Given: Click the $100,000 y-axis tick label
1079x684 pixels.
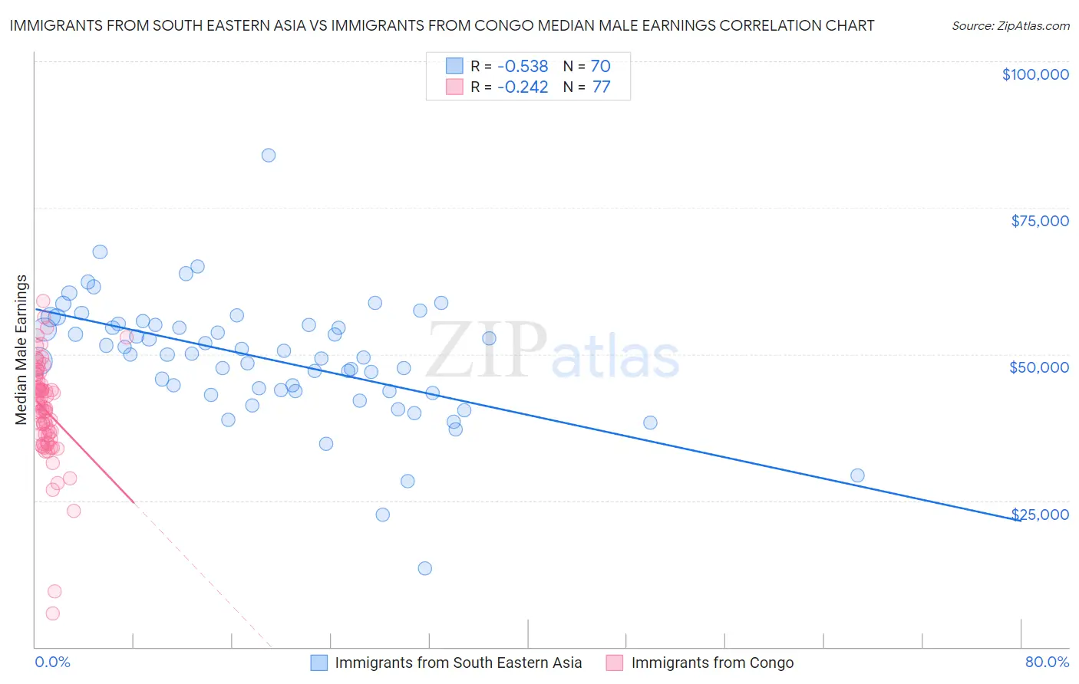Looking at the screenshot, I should (1035, 74).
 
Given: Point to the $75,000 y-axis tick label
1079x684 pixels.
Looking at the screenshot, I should (1039, 221).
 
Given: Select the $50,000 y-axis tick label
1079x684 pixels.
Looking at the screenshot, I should (1038, 367).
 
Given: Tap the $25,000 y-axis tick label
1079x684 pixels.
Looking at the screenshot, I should (1039, 515).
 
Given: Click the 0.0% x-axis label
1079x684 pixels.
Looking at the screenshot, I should (52, 662).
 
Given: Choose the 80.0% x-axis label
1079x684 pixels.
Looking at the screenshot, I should (1047, 662).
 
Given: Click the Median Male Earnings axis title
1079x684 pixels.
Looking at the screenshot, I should (21, 350).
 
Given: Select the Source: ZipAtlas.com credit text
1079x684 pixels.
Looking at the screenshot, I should (1010, 26).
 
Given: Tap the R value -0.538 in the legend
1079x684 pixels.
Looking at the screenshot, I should (522, 67).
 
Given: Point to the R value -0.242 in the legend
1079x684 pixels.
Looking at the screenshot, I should (522, 87).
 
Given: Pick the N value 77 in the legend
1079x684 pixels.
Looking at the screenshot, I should (601, 87).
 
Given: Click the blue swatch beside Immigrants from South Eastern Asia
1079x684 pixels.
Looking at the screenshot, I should (319, 663).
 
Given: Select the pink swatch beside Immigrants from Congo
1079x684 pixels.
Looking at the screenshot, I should (615, 663).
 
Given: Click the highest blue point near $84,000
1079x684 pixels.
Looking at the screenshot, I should (268, 155).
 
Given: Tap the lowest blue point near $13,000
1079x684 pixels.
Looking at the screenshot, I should (424, 568).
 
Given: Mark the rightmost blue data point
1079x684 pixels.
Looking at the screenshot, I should (857, 475).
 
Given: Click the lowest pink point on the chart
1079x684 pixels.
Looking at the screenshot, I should (52, 613).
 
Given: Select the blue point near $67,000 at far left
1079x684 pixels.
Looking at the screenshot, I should (100, 252).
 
